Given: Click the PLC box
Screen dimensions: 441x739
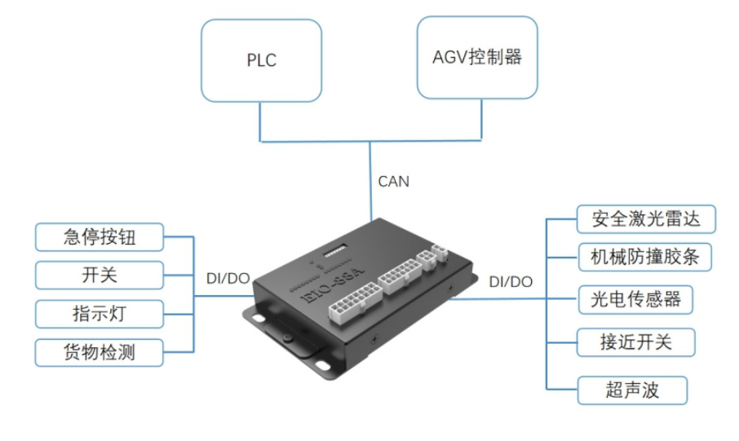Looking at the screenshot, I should (261, 61).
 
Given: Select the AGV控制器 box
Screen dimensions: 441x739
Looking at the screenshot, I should (476, 57).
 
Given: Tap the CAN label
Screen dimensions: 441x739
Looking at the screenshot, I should (393, 181).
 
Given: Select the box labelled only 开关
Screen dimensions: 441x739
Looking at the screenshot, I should (99, 276).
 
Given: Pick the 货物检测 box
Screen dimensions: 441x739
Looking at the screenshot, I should (99, 352).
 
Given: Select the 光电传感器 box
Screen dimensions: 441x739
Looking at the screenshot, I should (635, 299).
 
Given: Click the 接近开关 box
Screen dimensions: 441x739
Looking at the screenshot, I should (635, 342).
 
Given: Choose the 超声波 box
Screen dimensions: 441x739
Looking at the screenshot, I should (631, 390).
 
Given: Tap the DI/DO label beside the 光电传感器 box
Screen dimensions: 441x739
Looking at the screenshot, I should (510, 281).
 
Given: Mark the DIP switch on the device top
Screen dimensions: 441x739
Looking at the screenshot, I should (337, 250).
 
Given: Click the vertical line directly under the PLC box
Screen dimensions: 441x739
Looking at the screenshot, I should (260, 121).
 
